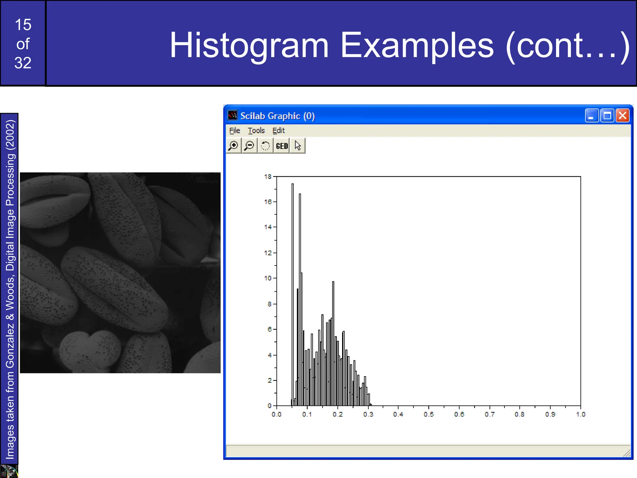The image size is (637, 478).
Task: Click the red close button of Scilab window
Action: [623, 116]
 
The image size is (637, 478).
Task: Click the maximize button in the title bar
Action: [607, 116]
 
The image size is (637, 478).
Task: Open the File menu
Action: [235, 130]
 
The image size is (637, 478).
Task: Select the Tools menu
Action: [256, 130]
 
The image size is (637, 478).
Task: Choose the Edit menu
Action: [278, 130]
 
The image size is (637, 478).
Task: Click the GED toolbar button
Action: [282, 146]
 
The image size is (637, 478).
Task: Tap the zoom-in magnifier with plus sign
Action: [233, 146]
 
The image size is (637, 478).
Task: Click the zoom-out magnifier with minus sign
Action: [249, 146]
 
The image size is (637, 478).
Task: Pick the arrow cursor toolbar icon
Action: [298, 146]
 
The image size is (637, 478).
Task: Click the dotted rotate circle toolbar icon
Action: [265, 146]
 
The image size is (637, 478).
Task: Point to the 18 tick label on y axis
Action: [267, 177]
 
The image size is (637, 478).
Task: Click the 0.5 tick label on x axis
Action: [428, 415]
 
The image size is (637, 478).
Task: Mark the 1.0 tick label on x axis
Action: [580, 415]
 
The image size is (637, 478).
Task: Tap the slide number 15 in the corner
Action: [23, 25]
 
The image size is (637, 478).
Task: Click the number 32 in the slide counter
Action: [23, 63]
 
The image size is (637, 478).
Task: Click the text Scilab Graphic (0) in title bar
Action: [277, 116]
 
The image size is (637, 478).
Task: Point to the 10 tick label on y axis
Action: [267, 278]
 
